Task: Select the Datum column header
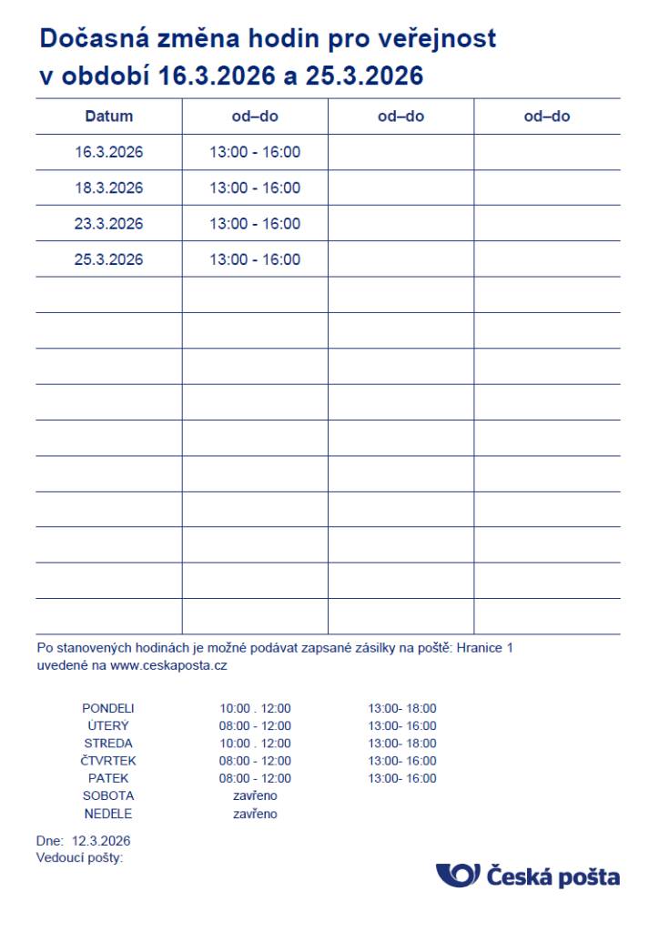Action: click(x=109, y=116)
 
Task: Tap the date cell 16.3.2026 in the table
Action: click(x=109, y=152)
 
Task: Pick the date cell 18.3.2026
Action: click(x=109, y=188)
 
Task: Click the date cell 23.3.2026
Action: click(x=109, y=224)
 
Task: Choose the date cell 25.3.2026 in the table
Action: click(x=109, y=259)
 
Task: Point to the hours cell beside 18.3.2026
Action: click(x=255, y=188)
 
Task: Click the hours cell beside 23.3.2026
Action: click(x=255, y=224)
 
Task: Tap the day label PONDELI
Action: click(x=108, y=708)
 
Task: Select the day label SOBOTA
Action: click(x=108, y=796)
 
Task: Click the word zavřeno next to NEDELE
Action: click(x=255, y=814)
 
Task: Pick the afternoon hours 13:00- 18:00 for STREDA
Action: click(x=402, y=744)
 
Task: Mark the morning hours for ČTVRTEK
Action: click(x=255, y=761)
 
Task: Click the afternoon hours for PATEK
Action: click(x=402, y=778)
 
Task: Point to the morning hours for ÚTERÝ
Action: click(x=255, y=726)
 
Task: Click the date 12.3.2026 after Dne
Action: click(x=101, y=840)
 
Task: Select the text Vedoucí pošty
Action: click(x=79, y=857)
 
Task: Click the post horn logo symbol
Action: click(x=458, y=876)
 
